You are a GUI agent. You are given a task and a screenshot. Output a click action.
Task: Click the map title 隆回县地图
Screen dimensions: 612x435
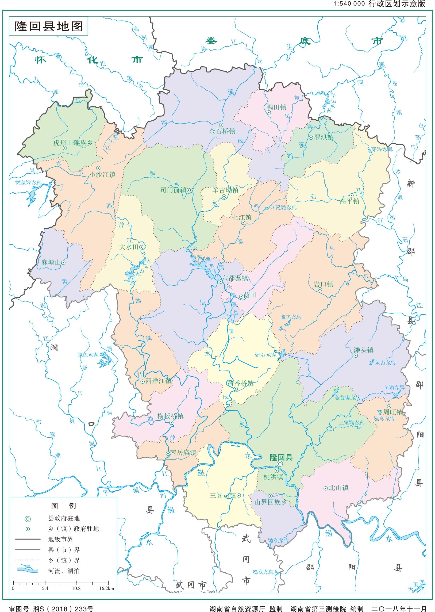point(48,26)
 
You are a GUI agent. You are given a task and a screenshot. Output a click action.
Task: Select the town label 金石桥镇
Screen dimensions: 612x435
point(222,131)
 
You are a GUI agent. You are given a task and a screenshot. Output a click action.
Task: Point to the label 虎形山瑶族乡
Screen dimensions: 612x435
point(73,143)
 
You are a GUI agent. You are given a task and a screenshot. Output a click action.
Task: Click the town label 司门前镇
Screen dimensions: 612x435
point(173,190)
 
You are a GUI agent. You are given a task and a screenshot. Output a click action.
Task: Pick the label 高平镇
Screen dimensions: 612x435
point(349,201)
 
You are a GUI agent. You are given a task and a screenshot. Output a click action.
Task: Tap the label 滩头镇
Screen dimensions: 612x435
point(364,350)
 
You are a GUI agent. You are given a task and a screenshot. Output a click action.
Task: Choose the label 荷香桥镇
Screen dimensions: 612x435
point(241,383)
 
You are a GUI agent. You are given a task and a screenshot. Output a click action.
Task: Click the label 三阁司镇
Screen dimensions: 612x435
point(223,495)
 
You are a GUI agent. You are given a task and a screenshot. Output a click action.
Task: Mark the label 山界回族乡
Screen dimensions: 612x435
point(271,502)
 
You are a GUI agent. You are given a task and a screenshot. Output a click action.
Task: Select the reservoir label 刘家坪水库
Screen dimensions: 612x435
point(28,183)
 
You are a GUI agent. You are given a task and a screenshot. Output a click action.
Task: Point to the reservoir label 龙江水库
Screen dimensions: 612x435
point(88,355)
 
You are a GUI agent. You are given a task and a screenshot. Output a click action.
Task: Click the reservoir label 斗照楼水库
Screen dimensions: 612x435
point(283,207)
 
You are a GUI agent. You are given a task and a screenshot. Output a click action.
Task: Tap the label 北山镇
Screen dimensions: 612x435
point(338,488)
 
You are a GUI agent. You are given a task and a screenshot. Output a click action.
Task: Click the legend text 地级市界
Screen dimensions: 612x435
point(60,539)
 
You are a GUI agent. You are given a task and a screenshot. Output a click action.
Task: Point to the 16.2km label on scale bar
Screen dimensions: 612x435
point(106,588)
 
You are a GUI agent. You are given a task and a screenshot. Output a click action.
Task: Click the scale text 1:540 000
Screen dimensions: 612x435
point(349,4)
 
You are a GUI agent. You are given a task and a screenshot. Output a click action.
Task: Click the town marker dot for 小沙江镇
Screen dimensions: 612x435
point(98,168)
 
